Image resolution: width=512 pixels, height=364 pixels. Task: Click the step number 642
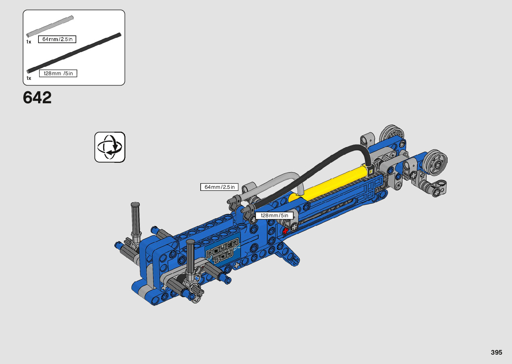pyautogui.click(x=37, y=98)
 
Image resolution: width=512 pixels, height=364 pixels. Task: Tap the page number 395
pyautogui.click(x=496, y=352)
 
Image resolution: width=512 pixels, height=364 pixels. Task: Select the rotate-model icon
pyautogui.click(x=110, y=147)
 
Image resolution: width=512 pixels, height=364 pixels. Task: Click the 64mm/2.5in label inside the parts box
pyautogui.click(x=57, y=39)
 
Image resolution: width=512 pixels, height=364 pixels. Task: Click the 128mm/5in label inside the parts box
pyautogui.click(x=58, y=73)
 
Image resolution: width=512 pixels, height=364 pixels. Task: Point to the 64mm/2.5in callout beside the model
pyautogui.click(x=219, y=187)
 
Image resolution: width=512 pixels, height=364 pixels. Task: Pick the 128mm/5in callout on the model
pyautogui.click(x=274, y=215)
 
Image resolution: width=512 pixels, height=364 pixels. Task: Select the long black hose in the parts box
pyautogui.click(x=74, y=53)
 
